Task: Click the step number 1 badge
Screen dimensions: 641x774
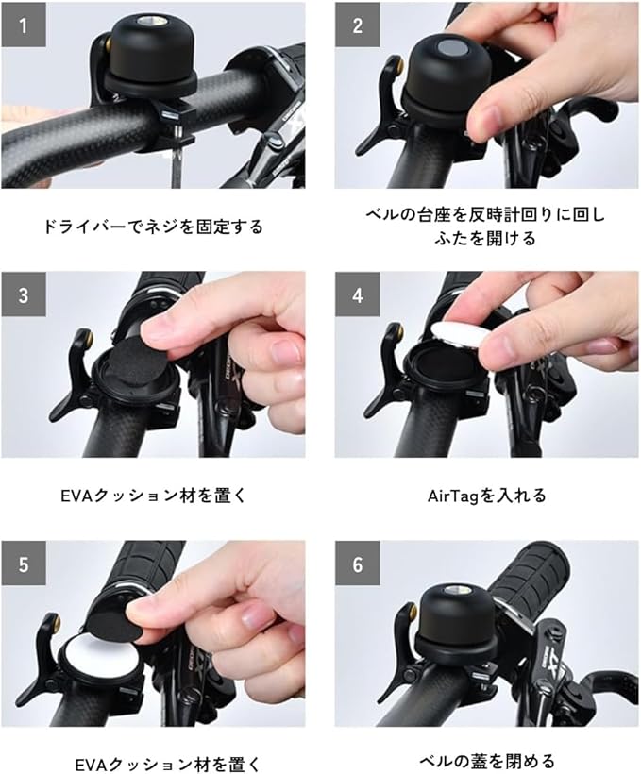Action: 24,25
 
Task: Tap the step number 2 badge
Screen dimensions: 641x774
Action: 358,25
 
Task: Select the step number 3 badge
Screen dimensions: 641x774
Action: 24,294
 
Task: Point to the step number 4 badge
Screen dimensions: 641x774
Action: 358,294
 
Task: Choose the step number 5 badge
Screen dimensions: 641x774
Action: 24,564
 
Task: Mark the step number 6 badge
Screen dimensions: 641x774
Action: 358,564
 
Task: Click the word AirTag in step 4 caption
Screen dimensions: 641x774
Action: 453,496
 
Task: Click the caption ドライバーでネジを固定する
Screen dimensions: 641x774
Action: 153,227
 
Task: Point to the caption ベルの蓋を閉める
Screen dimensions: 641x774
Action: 487,761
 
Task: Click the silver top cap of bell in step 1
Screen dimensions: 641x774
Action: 146,21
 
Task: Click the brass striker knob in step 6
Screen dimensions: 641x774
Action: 411,611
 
